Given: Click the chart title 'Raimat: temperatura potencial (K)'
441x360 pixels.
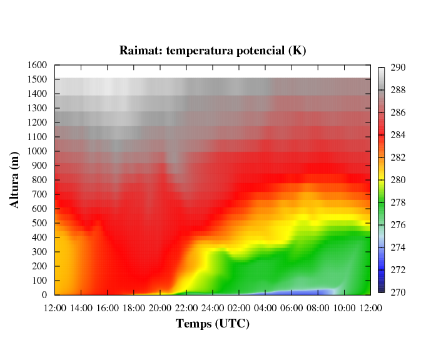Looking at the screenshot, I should point(213,50).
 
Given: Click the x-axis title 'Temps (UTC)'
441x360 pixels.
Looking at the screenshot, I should point(213,324).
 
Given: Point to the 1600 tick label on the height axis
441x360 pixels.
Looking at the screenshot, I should point(38,65).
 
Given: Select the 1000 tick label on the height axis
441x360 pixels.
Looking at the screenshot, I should point(38,151).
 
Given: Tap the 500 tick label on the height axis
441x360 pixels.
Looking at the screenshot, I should point(41,223).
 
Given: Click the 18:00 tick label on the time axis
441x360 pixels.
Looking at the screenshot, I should point(133,307).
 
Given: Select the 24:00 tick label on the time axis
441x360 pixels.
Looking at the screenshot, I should point(213,307).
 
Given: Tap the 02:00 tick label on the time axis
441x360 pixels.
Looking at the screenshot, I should point(239,307).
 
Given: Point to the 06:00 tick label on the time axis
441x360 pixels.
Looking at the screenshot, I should point(291,307).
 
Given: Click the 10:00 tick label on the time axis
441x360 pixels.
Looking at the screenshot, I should point(344,307).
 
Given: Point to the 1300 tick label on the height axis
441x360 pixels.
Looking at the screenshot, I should point(38,108).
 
